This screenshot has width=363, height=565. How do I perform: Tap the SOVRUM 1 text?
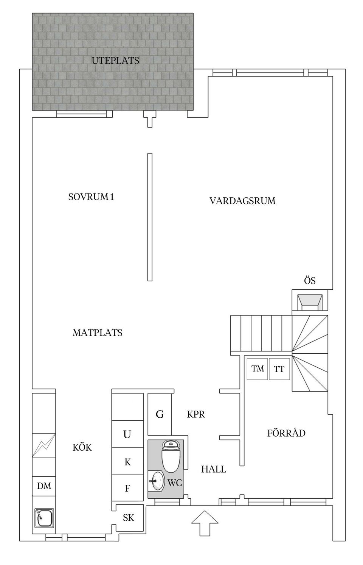(x=91, y=197)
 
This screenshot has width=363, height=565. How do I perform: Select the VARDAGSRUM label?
(x=242, y=201)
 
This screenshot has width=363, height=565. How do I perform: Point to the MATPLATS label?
(x=98, y=333)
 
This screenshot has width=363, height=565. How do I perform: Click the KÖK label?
(x=82, y=448)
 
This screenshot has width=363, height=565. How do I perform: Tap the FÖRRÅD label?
(x=286, y=433)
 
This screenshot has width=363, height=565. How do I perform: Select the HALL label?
(x=214, y=470)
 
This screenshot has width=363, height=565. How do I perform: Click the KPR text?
(x=196, y=414)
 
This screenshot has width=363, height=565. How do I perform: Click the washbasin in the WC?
(x=156, y=481)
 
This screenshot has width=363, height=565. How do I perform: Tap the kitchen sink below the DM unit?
(x=44, y=518)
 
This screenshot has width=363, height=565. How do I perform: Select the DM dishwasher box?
(x=44, y=486)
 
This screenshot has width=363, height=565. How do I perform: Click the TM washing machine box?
(x=258, y=368)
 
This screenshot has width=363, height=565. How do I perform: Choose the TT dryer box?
(x=279, y=368)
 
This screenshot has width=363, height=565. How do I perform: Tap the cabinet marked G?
(x=160, y=414)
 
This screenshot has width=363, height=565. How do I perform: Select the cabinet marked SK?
(x=129, y=517)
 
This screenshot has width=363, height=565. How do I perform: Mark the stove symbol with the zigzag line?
(x=44, y=446)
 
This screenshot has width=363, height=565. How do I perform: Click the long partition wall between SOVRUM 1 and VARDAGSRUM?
(x=150, y=217)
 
